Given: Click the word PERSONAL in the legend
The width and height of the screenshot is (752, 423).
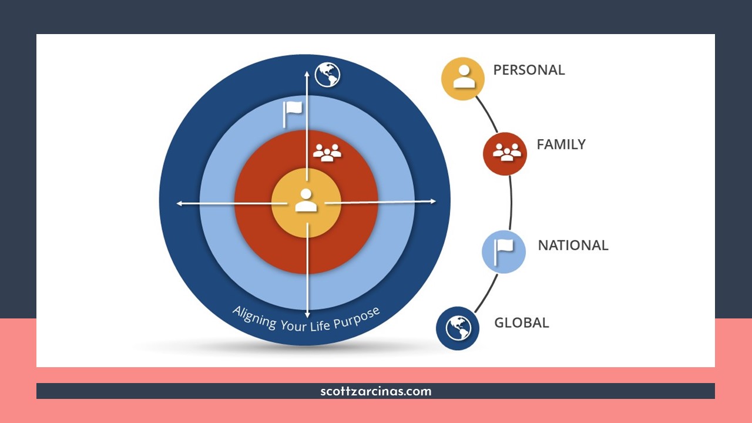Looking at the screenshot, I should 529,70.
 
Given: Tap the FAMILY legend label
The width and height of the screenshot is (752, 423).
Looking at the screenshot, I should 561,145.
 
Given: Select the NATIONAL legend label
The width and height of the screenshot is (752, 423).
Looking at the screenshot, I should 573,246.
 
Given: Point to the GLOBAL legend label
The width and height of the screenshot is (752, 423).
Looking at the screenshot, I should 522,323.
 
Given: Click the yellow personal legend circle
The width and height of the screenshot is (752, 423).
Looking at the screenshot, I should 463,79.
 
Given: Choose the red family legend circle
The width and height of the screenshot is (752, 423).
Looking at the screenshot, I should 505,153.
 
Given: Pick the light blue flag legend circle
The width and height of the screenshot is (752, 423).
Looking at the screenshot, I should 503,251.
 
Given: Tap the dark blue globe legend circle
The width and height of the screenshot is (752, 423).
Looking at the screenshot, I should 458,328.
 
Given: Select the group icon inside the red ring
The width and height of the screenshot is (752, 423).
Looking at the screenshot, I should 327,153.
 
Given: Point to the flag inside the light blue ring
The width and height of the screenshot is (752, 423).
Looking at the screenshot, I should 293,113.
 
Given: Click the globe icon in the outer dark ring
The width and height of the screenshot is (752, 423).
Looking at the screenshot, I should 328,75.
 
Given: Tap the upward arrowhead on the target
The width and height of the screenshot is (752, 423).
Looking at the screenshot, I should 306,73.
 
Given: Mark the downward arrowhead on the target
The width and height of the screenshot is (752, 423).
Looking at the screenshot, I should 307,315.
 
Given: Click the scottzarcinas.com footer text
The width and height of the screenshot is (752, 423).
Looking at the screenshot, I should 376,391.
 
